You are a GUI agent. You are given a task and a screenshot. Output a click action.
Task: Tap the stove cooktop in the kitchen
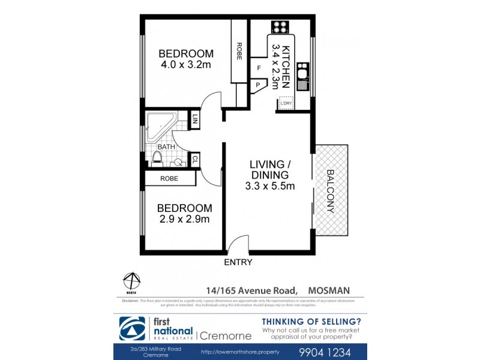point(280,26)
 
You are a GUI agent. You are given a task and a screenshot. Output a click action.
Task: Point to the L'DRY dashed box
point(287,104)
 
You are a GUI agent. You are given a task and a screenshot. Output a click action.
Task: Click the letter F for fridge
point(259,68)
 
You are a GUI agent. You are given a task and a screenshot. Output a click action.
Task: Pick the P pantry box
point(259,86)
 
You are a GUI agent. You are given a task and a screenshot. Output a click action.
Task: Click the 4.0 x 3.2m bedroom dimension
point(185,65)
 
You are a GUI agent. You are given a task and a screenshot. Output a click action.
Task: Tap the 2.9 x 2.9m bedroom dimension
point(184,219)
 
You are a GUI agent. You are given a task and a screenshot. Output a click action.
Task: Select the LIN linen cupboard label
point(195,120)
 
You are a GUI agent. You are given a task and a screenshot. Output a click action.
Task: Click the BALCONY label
point(330,191)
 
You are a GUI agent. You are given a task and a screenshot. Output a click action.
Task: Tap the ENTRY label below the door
point(238,262)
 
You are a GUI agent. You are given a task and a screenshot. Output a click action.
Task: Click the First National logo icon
point(133,328)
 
